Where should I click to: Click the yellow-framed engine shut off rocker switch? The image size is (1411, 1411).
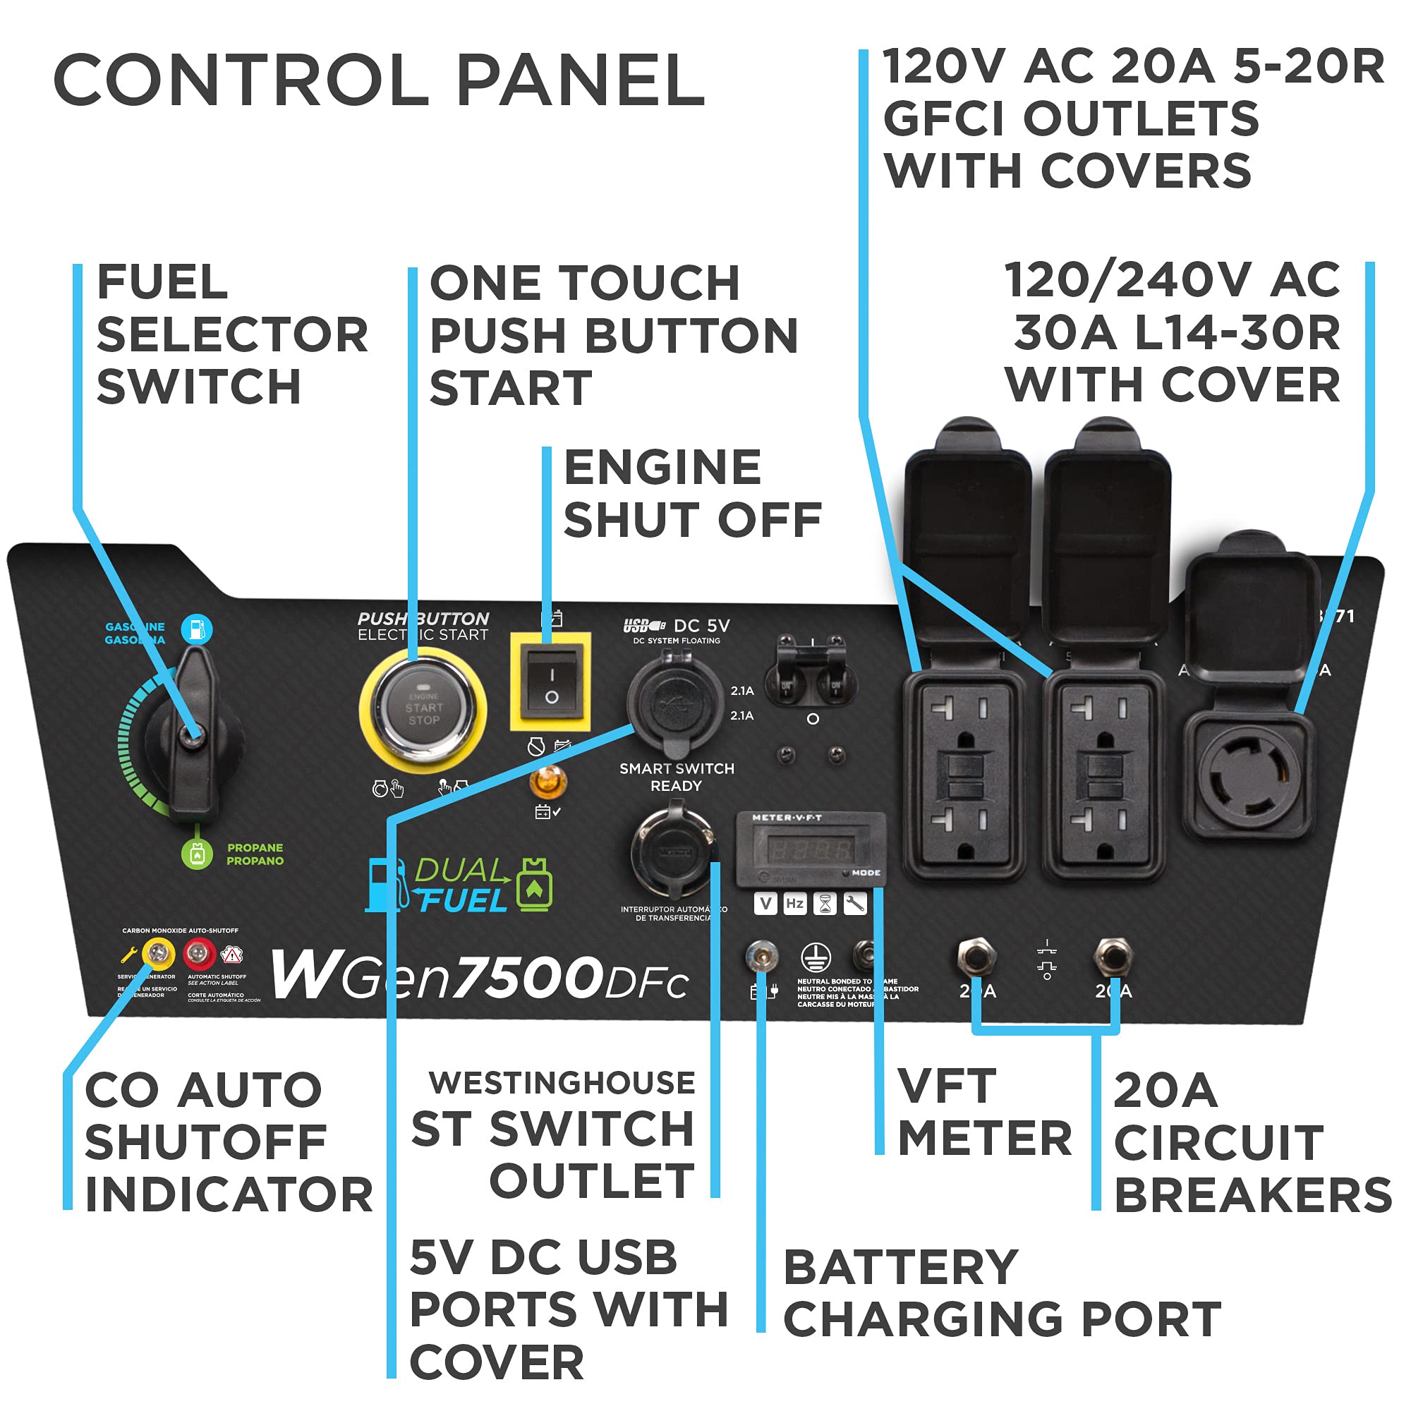[551, 684]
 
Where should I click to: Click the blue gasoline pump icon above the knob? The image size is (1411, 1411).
[196, 629]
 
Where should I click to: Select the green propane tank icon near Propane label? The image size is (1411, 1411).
[196, 854]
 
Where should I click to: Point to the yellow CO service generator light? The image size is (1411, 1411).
[158, 952]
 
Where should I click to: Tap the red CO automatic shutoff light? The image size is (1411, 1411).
[199, 952]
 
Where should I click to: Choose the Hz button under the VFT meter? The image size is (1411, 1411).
[794, 904]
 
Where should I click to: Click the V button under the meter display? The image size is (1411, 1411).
[765, 904]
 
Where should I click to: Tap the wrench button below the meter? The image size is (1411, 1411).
[854, 904]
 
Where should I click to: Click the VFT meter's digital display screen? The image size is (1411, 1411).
[811, 849]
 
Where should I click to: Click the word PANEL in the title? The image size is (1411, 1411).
[581, 80]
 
